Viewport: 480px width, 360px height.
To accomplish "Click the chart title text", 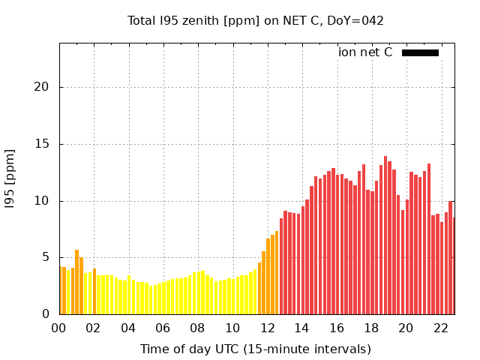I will click(x=256, y=20).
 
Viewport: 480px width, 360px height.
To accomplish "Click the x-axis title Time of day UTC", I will click(x=256, y=349).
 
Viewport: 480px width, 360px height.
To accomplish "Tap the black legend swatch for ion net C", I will click(x=420, y=52).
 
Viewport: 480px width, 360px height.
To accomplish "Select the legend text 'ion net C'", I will click(x=365, y=52).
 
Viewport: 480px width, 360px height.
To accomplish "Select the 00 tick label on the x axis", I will click(x=59, y=328).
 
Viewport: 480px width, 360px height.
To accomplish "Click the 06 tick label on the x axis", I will click(x=163, y=328).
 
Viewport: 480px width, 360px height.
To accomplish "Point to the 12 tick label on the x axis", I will click(x=268, y=328).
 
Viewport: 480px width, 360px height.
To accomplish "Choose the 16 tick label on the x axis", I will click(x=337, y=328).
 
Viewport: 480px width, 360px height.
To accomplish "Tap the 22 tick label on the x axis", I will click(x=441, y=328).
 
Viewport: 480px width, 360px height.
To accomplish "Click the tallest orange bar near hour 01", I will click(x=76, y=282).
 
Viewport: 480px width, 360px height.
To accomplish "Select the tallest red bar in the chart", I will click(x=385, y=235).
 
